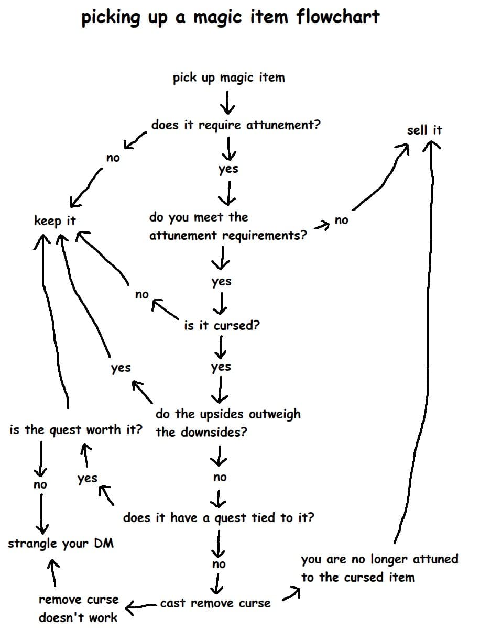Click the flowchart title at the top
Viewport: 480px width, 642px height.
pos(230,17)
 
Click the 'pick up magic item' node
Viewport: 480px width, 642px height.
pos(229,78)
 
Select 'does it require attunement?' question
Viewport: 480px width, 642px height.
pos(235,125)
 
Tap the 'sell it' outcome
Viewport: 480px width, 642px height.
pos(424,130)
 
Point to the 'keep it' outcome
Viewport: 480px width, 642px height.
pos(54,220)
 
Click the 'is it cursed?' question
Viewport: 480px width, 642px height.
pos(222,325)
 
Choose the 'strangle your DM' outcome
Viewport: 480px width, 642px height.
pos(61,543)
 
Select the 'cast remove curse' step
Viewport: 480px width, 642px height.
pos(215,603)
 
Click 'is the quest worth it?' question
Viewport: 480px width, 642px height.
pos(76,430)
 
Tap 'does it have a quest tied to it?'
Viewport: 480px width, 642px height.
pos(219,518)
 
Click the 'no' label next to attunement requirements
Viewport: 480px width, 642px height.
pos(341,220)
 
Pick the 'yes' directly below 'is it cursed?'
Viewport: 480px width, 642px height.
pos(221,367)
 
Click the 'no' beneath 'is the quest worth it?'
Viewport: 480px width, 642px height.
pos(40,485)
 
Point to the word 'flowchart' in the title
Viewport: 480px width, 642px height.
pos(338,17)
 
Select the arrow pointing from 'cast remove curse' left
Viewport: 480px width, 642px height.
pos(141,605)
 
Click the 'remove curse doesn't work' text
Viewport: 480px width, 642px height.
pos(78,608)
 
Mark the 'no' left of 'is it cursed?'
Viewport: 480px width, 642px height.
pos(141,295)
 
